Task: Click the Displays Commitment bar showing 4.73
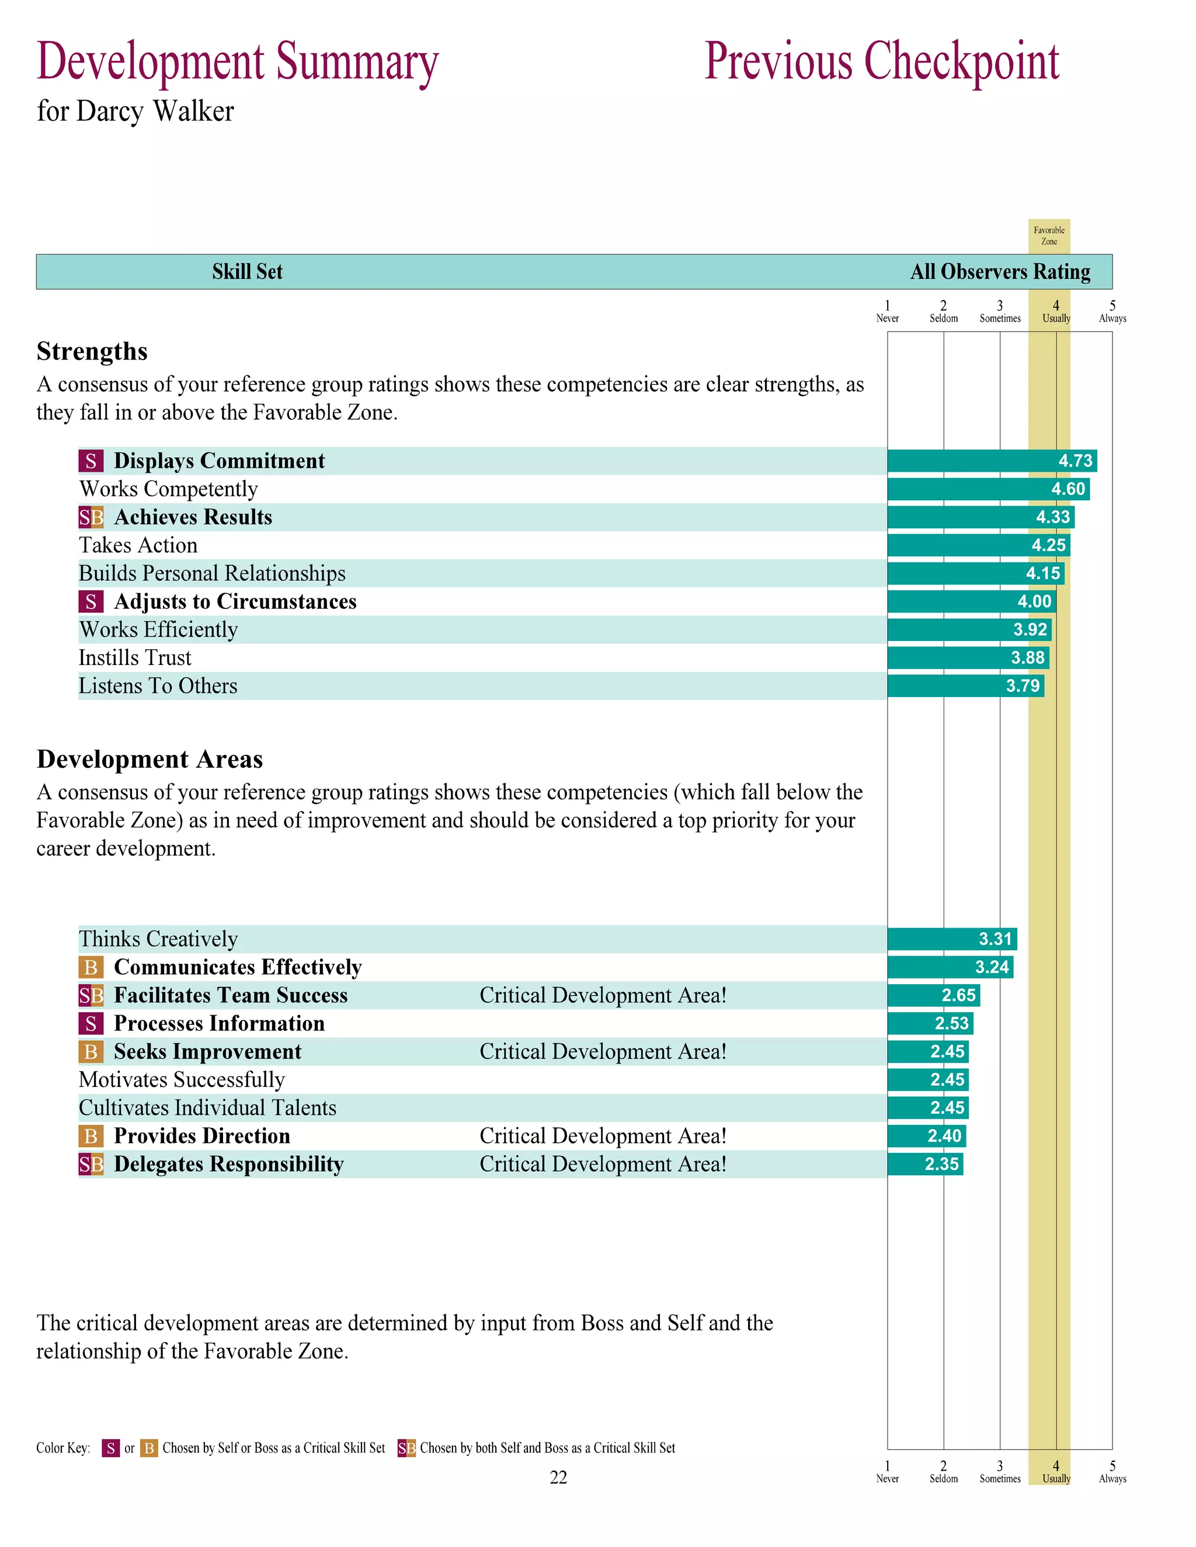992,461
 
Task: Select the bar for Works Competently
989,489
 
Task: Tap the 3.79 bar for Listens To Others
965,686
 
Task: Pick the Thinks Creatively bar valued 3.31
951,939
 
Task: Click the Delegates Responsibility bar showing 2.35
924,1164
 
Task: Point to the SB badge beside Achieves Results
91,517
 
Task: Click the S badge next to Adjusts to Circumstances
91,601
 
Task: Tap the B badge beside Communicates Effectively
91,967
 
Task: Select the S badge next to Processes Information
91,1023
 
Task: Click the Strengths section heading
92,351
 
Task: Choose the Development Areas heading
149,759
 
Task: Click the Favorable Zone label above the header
1049,236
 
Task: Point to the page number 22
558,1477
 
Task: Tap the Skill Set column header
247,272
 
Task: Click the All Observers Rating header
1000,272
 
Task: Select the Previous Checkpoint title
881,62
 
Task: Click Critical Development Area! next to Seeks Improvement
603,1051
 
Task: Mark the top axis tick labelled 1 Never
887,312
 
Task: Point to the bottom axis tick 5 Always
1112,1471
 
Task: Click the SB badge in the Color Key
406,1448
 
